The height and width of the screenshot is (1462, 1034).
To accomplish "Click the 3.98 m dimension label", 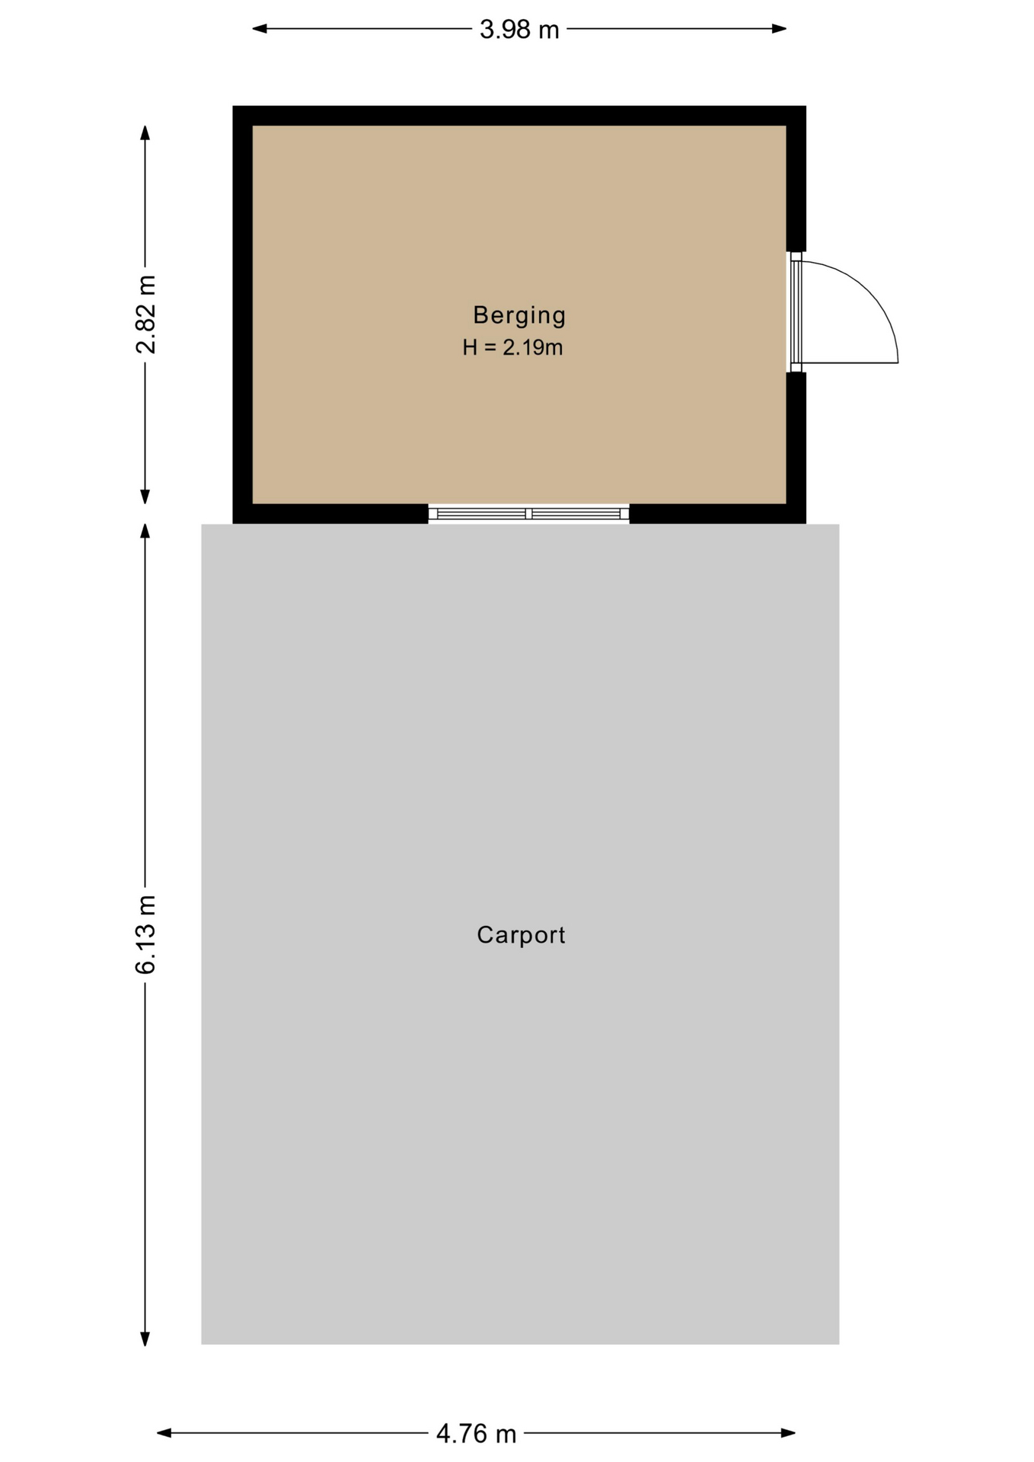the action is point(519,30).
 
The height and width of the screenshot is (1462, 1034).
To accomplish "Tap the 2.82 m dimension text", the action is point(145,314).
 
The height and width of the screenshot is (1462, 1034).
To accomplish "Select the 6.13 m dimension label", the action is point(145,934).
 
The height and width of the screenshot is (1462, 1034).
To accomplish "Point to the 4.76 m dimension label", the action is point(477,1435).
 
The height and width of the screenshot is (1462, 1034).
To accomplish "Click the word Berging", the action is point(519,315).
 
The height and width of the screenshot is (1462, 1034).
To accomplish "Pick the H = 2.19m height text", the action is point(512,348).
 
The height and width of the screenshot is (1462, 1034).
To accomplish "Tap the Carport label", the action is point(521,935).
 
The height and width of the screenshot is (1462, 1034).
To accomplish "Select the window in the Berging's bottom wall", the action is point(528,514).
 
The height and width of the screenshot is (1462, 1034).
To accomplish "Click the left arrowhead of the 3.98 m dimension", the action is point(260,29).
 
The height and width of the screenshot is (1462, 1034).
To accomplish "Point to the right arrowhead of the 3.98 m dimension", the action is point(779,29).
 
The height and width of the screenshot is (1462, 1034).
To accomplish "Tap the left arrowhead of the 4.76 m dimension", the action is point(164,1433).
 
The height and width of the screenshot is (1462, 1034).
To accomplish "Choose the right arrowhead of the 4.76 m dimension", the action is point(788,1433).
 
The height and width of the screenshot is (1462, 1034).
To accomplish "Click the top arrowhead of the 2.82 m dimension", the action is point(145,133).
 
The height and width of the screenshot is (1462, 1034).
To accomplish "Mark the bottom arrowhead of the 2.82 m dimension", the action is point(145,496).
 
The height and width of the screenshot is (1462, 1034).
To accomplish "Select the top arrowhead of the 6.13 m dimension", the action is point(145,531).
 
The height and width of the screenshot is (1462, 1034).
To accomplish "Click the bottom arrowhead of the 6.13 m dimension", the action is point(145,1339).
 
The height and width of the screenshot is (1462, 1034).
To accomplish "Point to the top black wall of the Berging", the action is point(519,116).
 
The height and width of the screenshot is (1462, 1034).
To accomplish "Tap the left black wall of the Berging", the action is point(243,314).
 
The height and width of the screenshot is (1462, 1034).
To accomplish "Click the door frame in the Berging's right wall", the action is point(796,312).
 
